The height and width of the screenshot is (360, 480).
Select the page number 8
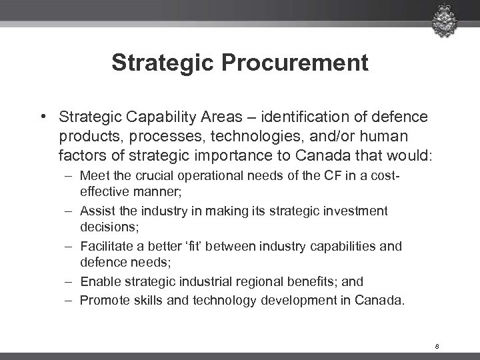pos(436,346)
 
